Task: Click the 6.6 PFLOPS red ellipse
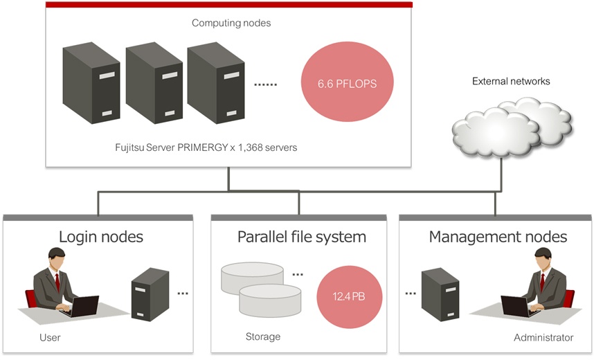tap(347, 82)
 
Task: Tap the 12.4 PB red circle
tap(350, 296)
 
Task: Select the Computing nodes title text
tap(231, 23)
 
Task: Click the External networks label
tap(511, 81)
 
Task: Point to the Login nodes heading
tap(101, 237)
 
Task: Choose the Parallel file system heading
tap(302, 237)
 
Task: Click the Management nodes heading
tap(498, 237)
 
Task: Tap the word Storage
tap(263, 336)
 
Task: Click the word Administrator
tap(543, 337)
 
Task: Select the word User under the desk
tap(50, 337)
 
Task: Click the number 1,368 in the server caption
tap(250, 147)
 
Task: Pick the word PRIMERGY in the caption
tap(203, 147)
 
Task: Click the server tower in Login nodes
tap(150, 294)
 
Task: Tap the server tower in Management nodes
tap(440, 294)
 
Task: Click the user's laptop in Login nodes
tap(81, 307)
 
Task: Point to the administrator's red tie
tap(542, 282)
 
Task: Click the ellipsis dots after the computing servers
tap(265, 84)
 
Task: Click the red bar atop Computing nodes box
tap(229, 5)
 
